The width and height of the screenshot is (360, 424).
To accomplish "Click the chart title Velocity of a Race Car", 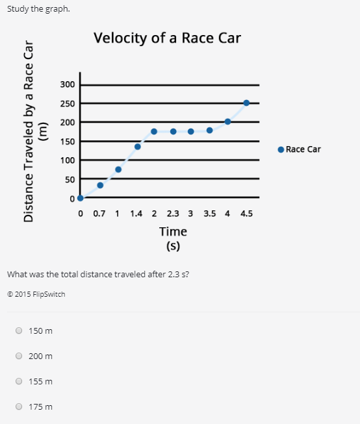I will click(x=167, y=38).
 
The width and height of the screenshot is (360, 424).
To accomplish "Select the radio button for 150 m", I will click(x=19, y=330).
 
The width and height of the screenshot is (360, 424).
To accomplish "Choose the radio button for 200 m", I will click(x=19, y=356).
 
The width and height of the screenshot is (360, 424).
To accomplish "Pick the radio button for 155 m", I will click(x=19, y=381).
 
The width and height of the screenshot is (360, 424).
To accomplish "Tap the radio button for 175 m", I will click(x=19, y=406).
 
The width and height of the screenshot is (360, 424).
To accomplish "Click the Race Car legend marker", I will click(x=281, y=149).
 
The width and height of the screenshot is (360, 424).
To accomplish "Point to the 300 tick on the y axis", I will click(x=68, y=85).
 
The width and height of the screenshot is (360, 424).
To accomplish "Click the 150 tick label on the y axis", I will click(x=68, y=142).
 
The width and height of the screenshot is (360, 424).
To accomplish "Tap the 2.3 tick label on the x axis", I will click(x=174, y=213).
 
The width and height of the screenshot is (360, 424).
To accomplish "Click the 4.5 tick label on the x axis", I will click(x=246, y=213).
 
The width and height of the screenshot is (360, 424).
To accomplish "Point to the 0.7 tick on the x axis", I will click(x=99, y=213).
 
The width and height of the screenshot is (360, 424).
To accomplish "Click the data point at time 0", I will click(x=80, y=198).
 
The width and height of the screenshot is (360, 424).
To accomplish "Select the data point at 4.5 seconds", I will click(x=246, y=103).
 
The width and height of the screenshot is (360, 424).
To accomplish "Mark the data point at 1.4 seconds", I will click(x=138, y=147).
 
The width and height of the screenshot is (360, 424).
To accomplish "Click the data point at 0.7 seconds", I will click(x=100, y=185).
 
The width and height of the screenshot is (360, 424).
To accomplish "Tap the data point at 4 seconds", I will click(x=227, y=121).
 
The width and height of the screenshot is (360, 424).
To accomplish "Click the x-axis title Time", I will click(x=173, y=231).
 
